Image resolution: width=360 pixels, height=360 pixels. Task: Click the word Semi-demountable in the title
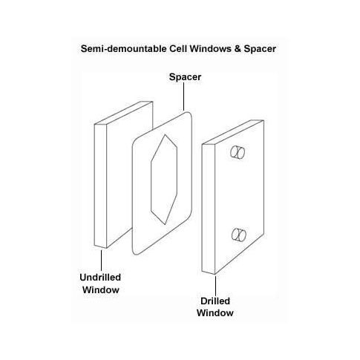[124, 48]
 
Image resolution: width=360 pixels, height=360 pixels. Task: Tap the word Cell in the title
[178, 48]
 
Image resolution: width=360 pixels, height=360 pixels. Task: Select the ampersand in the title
[238, 48]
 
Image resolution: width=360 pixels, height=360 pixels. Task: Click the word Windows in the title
[211, 48]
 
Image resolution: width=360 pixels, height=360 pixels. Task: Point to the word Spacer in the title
[260, 49]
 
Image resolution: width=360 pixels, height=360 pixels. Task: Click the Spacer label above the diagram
[185, 77]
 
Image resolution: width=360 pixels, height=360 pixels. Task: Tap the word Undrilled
[100, 278]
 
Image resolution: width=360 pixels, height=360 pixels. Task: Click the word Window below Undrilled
[101, 290]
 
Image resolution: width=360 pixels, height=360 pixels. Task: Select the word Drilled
[215, 301]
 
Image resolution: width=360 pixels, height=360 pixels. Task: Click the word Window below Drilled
[215, 313]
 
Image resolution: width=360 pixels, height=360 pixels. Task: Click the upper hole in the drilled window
[238, 152]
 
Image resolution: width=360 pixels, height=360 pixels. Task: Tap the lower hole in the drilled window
[239, 235]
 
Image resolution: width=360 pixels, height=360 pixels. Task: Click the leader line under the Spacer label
[183, 96]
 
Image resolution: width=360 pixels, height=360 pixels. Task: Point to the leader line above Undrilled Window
[101, 261]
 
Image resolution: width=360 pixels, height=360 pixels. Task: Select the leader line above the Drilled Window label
[215, 286]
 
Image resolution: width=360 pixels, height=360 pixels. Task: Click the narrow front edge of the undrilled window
[100, 186]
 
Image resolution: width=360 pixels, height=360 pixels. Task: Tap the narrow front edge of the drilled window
[208, 209]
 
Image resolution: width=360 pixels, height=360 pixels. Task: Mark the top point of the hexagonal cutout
[165, 134]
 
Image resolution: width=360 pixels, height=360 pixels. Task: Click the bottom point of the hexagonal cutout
[165, 224]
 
